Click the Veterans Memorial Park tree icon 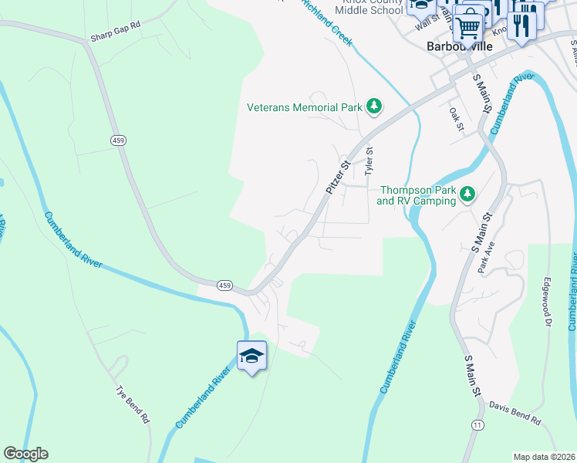374,106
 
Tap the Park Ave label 485,264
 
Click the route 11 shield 478,425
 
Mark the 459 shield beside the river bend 224,286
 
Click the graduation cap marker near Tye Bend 251,356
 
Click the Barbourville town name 458,46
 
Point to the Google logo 25,454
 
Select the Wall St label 427,21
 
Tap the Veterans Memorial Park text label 305,107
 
